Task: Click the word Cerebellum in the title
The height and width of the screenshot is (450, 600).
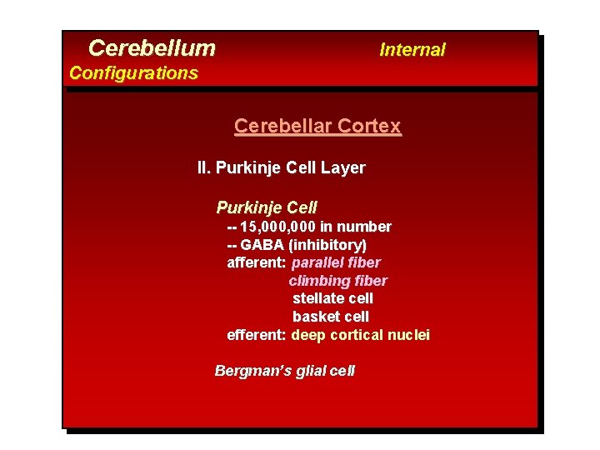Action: [152, 48]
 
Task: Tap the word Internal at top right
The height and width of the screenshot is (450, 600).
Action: [412, 50]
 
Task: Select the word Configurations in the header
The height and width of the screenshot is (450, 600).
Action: [133, 73]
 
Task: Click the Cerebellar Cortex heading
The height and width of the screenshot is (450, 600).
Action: [317, 127]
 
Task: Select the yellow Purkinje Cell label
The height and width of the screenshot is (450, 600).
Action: [267, 207]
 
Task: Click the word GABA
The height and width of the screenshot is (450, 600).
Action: [262, 245]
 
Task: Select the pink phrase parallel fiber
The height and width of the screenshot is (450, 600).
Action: [336, 262]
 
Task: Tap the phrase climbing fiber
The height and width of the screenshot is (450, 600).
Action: [337, 281]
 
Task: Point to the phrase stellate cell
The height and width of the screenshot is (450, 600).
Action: [332, 298]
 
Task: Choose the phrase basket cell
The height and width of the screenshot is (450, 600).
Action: [330, 317]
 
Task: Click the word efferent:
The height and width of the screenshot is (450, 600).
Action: [257, 335]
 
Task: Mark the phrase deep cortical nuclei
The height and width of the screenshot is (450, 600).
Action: [360, 335]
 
